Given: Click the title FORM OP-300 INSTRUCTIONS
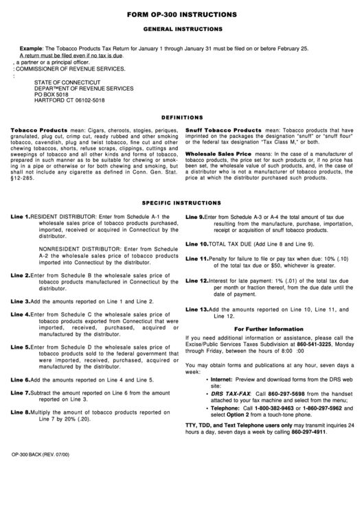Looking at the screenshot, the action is [181, 14].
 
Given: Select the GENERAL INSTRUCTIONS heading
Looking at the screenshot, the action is [182, 30].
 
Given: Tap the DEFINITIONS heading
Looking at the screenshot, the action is [182, 117].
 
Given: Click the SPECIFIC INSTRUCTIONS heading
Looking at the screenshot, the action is [182, 203].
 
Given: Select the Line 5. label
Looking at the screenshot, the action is [20, 347].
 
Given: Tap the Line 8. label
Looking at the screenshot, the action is [20, 412].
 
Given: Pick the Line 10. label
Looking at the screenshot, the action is [196, 263].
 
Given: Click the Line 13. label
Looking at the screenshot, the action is [196, 309].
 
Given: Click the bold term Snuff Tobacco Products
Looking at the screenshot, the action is [223, 130].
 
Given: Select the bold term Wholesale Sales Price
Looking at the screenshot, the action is [218, 156].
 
